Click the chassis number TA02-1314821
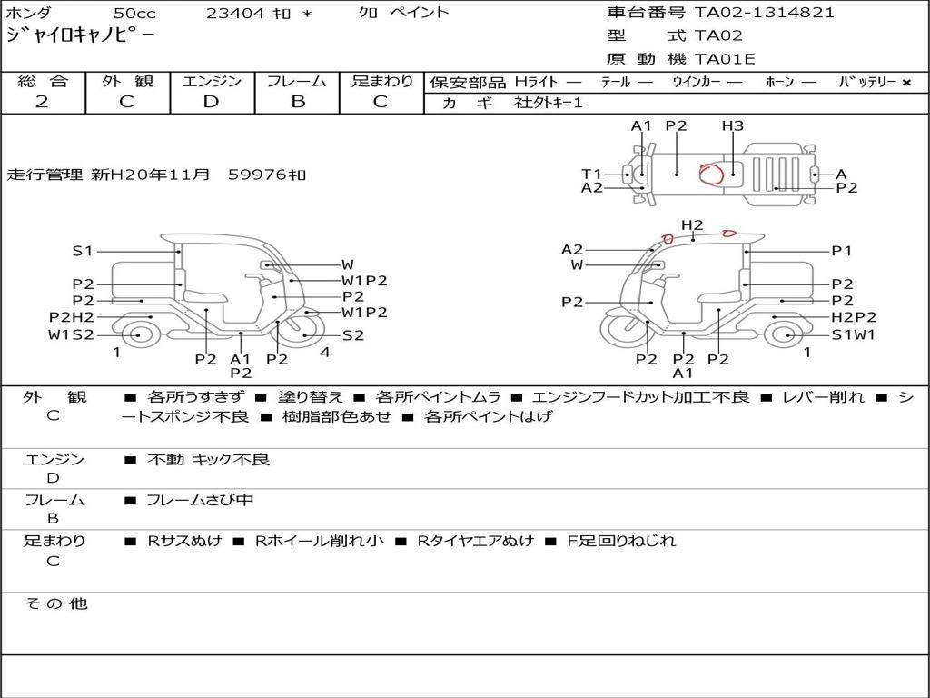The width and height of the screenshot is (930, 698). pos(765,13)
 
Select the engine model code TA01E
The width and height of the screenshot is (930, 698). pos(725,59)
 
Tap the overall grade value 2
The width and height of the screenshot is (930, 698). pos(42,102)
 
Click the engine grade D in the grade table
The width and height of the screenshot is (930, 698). pos(211,102)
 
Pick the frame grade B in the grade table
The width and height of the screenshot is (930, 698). pos(298,102)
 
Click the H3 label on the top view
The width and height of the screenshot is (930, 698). pos(733,125)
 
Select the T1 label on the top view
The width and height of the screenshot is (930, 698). pos(591,174)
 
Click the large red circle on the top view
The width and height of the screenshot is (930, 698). pos(711,174)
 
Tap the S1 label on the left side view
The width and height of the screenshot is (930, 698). pos(83,251)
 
